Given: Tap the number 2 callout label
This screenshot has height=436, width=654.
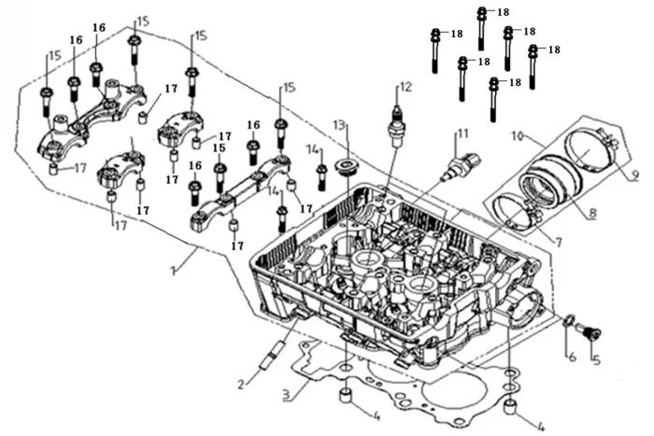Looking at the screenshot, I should (x=242, y=384).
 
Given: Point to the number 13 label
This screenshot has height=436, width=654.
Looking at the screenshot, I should (x=338, y=124).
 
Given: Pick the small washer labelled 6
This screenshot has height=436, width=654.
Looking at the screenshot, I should (x=569, y=323).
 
